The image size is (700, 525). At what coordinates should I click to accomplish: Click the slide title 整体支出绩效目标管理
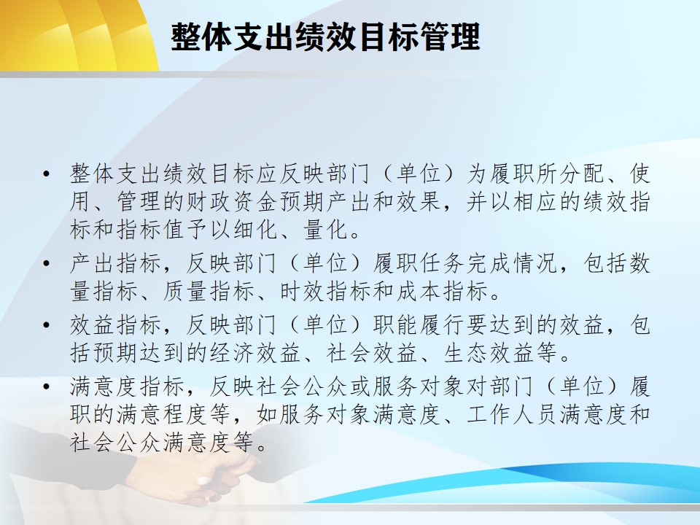(325, 36)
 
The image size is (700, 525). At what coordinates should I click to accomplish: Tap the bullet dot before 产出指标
(47, 263)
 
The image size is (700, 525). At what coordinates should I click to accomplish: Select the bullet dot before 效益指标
(47, 325)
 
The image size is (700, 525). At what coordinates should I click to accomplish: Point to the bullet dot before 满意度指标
(47, 386)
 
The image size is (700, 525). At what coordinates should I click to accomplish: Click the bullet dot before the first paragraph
(47, 174)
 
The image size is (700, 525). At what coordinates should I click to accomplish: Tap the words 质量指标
(209, 291)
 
